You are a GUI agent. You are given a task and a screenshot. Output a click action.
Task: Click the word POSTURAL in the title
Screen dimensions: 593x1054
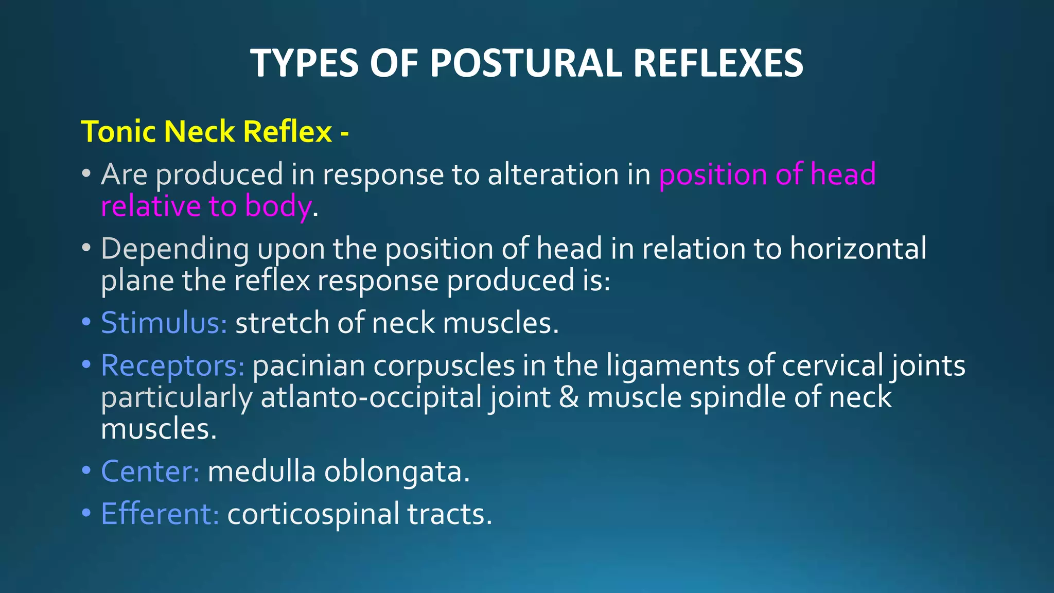[x=525, y=63]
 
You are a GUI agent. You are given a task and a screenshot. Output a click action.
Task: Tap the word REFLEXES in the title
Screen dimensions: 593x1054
[x=718, y=63]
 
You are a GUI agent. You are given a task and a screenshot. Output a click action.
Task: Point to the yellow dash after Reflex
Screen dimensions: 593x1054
[x=344, y=133]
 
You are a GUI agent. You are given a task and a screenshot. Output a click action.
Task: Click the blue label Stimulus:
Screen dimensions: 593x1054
[x=164, y=323]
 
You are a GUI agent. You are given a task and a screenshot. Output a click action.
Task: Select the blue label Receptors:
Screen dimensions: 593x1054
[x=172, y=366]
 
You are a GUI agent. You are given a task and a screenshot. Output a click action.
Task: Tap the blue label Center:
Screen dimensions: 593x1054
[x=150, y=472]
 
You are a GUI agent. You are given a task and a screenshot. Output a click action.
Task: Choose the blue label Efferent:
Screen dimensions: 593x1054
[x=160, y=514]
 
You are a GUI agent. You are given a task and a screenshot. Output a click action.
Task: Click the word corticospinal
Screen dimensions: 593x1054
[x=313, y=514]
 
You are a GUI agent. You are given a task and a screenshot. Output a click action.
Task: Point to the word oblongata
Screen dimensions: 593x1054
[x=396, y=472]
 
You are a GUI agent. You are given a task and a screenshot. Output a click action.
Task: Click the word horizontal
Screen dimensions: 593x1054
[x=858, y=249]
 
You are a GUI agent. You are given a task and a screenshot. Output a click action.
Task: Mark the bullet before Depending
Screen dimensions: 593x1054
[x=86, y=249]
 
